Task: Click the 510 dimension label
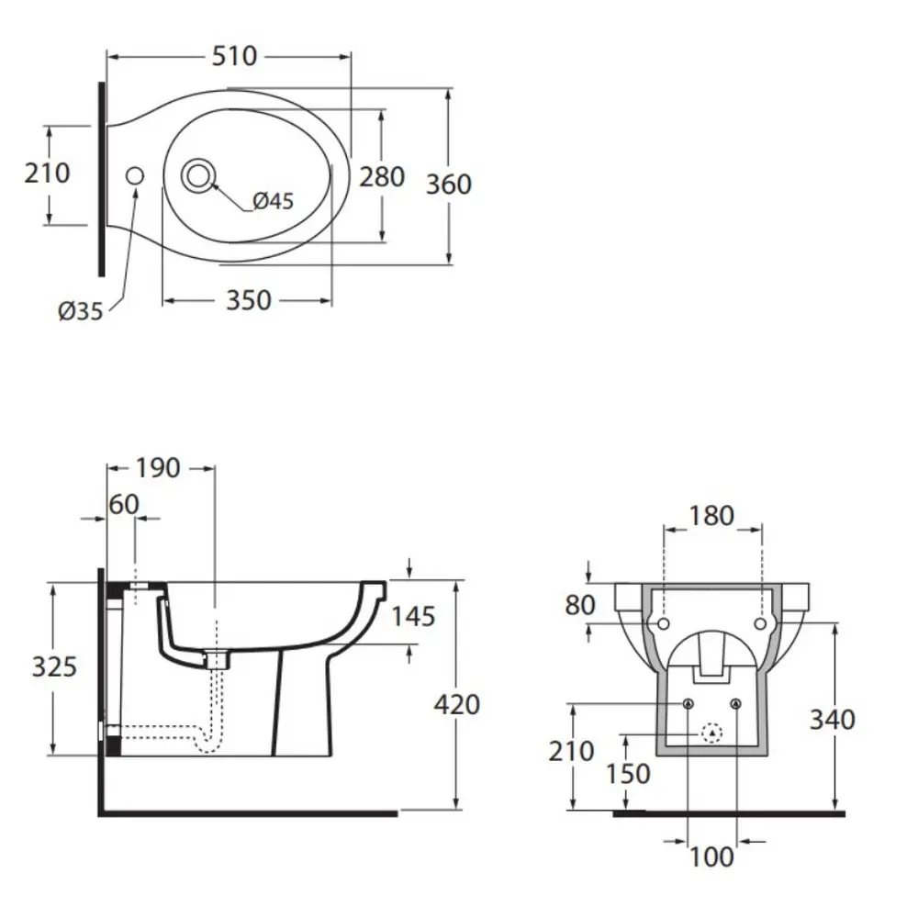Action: tap(234, 57)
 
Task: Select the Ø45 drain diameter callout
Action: tap(274, 200)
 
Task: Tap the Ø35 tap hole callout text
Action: tap(80, 312)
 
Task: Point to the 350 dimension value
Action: tap(248, 300)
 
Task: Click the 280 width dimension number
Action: tap(381, 176)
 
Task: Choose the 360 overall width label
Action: tap(449, 185)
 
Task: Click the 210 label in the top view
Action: tap(47, 173)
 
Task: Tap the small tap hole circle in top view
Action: tap(134, 175)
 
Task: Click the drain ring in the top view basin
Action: tap(197, 174)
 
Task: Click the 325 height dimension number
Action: tap(54, 667)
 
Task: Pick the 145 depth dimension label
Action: tap(412, 616)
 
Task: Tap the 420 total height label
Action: tap(456, 705)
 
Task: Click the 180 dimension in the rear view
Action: tap(711, 516)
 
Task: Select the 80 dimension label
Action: tap(580, 606)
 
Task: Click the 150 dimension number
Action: tap(628, 774)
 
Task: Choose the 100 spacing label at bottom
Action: tap(711, 856)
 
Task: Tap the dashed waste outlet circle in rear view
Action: tap(712, 733)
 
